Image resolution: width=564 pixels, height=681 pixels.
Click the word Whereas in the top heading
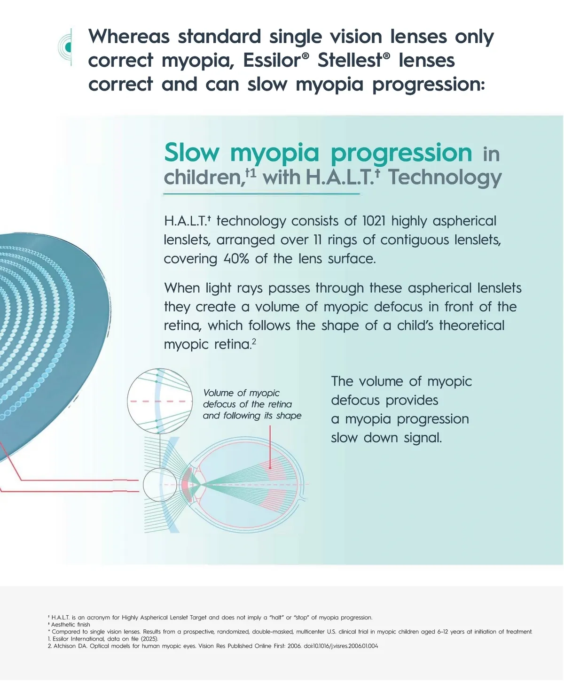pos(129,36)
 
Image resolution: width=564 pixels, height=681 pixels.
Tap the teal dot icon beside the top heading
pos(68,47)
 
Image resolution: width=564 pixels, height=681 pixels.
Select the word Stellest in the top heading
pos(350,60)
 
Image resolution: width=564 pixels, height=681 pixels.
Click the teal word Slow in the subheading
pos(192,153)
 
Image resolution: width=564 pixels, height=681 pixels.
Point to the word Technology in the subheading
pos(445,178)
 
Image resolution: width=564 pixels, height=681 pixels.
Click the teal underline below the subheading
pos(261,193)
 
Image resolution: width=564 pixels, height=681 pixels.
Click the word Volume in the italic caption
pos(219,393)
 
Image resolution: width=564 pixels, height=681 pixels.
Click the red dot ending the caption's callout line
pos(270,468)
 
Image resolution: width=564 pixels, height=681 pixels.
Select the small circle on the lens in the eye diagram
pos(160,485)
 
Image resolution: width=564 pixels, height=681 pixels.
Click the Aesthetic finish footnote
pos(70,625)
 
